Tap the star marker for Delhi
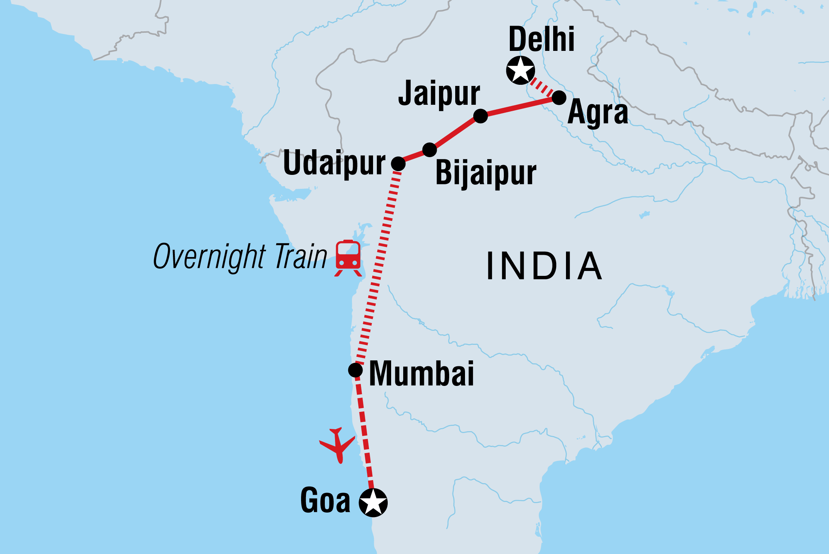(520, 70)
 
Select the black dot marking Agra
(559, 98)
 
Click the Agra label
(598, 113)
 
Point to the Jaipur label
(439, 93)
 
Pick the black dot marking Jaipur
(480, 116)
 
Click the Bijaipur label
(486, 173)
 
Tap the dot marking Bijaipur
(430, 150)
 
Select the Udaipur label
(334, 163)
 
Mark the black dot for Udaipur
(398, 164)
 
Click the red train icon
(348, 257)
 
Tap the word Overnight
(210, 257)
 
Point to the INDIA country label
(544, 266)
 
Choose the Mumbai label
(421, 373)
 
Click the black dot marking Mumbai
(355, 370)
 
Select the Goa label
(325, 500)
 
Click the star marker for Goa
(373, 502)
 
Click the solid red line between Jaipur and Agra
(520, 107)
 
